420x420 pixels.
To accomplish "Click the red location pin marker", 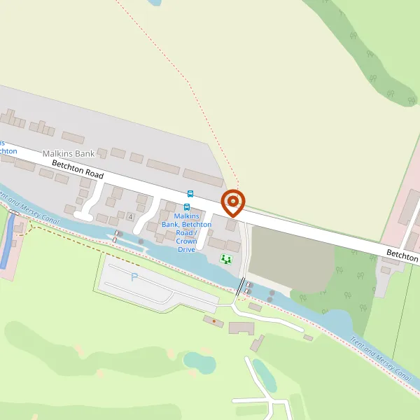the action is (x=233, y=203).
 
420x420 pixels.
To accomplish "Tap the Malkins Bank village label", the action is (x=68, y=153).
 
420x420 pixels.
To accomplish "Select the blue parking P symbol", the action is (x=134, y=277).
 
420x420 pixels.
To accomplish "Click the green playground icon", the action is (x=225, y=259).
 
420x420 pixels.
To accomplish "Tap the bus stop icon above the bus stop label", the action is (x=186, y=206).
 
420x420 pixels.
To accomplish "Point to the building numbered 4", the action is (x=130, y=215).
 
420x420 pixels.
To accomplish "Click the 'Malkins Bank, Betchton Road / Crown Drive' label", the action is (x=185, y=232).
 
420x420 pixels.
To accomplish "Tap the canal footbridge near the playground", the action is (x=241, y=286).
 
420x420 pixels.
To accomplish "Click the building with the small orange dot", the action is (x=213, y=321).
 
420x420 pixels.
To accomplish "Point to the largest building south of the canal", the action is (x=242, y=328).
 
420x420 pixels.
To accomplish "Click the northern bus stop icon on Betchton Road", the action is (x=190, y=193).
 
